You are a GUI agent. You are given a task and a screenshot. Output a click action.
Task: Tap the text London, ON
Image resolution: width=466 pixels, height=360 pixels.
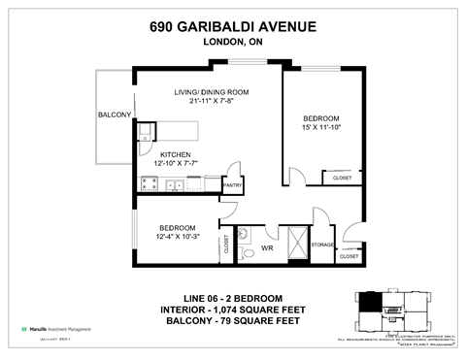tap(232, 42)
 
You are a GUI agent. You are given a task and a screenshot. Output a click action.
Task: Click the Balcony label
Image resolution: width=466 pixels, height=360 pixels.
tap(115, 115)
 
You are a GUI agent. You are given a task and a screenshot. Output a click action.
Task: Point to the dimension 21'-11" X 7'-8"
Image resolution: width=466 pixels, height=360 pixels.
tap(204, 102)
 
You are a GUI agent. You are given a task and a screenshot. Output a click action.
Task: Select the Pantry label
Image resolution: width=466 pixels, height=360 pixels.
tap(233, 183)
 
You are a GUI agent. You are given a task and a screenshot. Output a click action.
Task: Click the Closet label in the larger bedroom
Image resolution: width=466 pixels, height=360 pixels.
tap(342, 178)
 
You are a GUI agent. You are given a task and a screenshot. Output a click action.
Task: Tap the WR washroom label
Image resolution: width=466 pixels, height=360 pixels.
tap(267, 248)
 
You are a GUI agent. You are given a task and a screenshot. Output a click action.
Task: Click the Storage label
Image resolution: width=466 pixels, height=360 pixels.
tap(322, 245)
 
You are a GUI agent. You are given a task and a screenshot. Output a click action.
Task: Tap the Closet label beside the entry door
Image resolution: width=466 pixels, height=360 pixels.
tap(347, 257)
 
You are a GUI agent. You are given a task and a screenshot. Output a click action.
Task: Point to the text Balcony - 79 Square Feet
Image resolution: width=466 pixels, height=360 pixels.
tap(232, 320)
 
